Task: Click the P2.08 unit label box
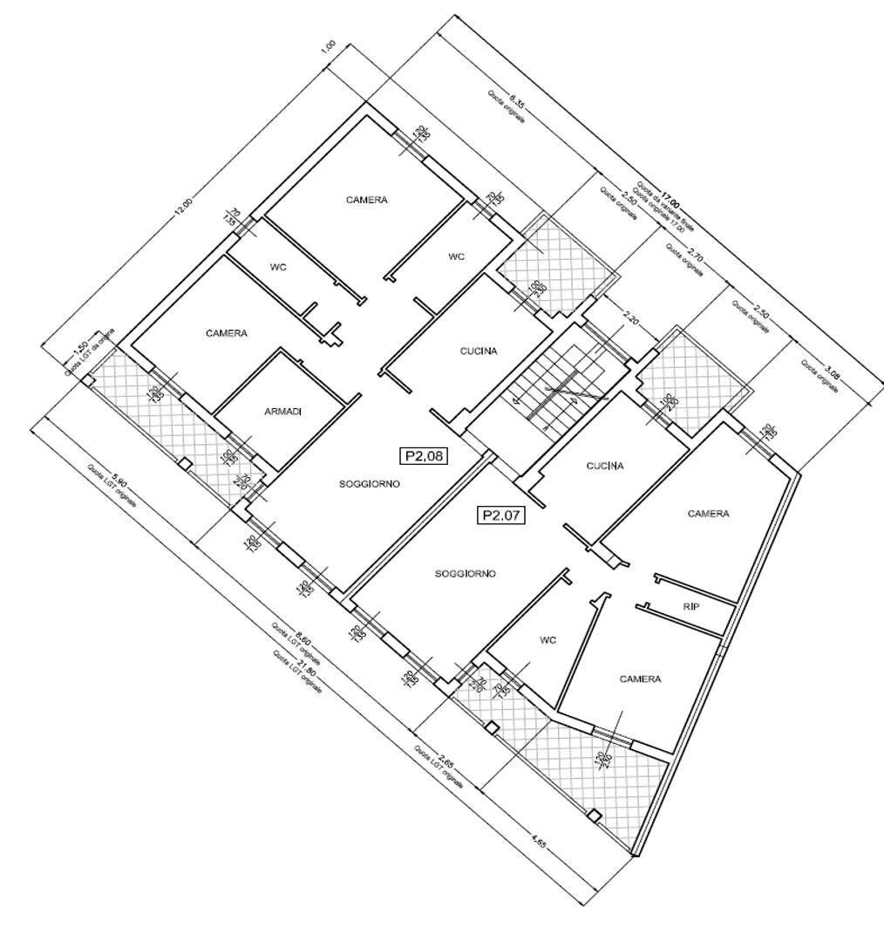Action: [423, 454]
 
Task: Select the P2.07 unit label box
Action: [500, 515]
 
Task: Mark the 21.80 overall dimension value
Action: [307, 666]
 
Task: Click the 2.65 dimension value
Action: [446, 757]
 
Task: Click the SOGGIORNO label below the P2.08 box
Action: [370, 485]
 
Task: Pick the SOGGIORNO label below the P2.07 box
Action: [466, 574]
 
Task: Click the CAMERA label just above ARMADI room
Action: [227, 333]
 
